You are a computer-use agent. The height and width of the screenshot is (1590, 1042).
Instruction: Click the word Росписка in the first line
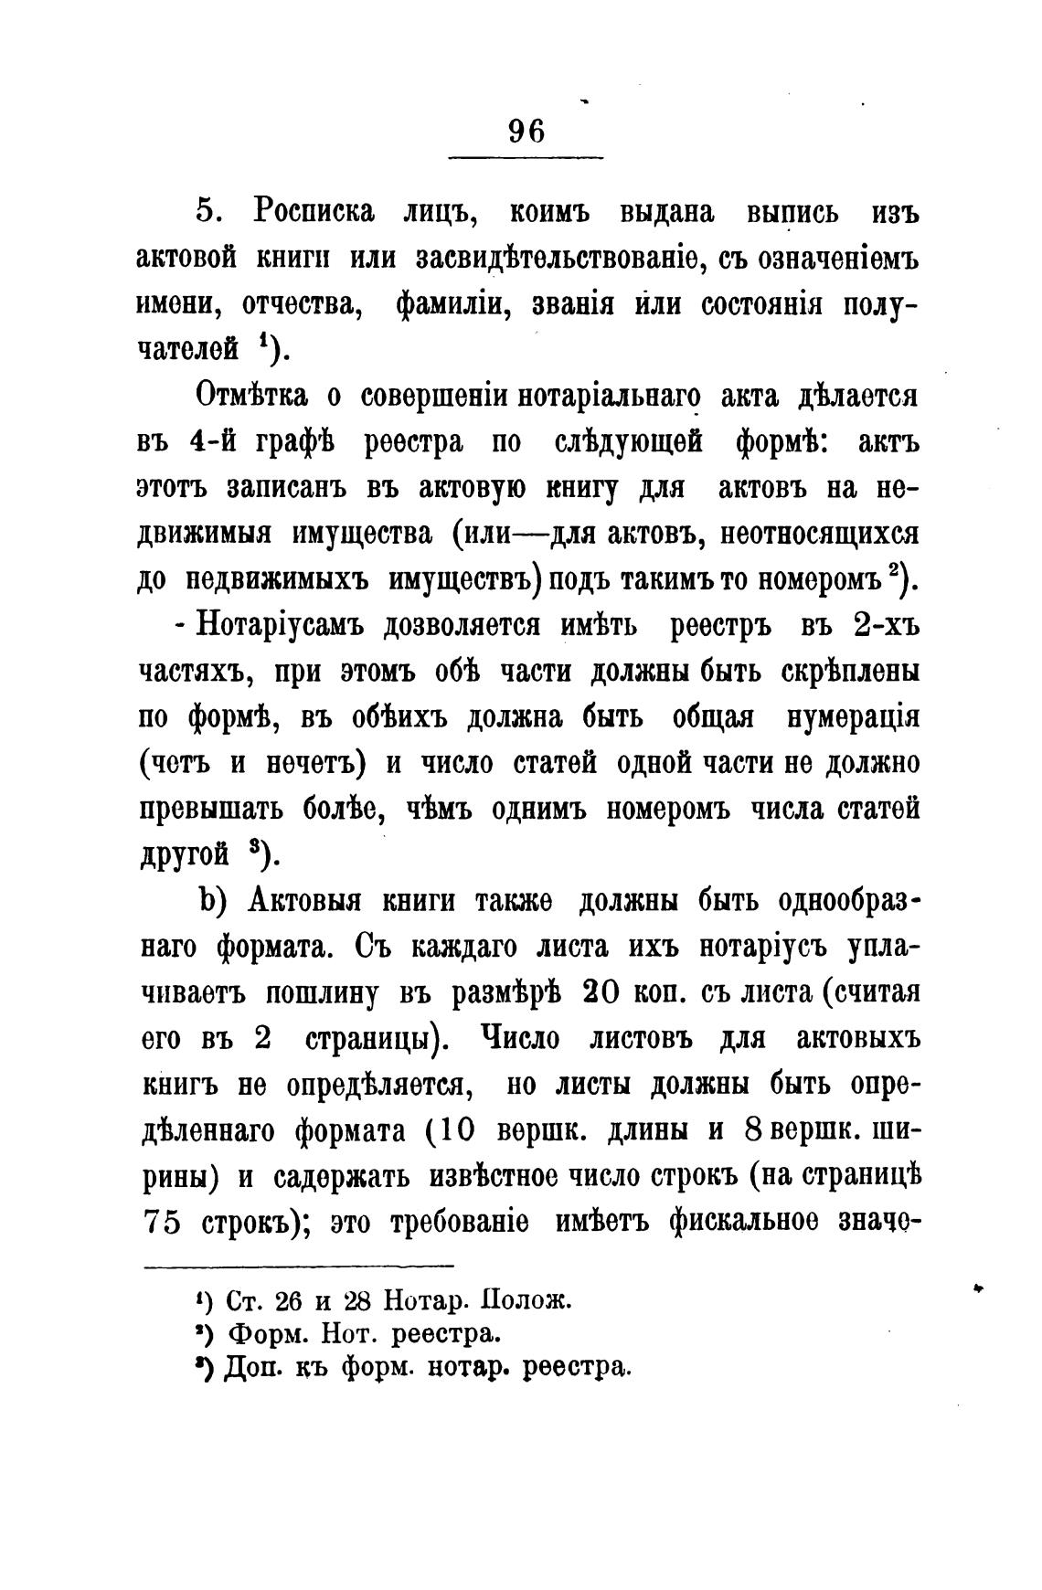(x=314, y=211)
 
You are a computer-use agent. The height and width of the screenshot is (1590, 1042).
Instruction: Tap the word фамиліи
(x=452, y=303)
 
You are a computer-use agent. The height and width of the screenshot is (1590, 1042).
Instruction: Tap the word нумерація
(x=851, y=717)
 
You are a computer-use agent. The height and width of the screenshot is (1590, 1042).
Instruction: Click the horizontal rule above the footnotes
(x=299, y=1266)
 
